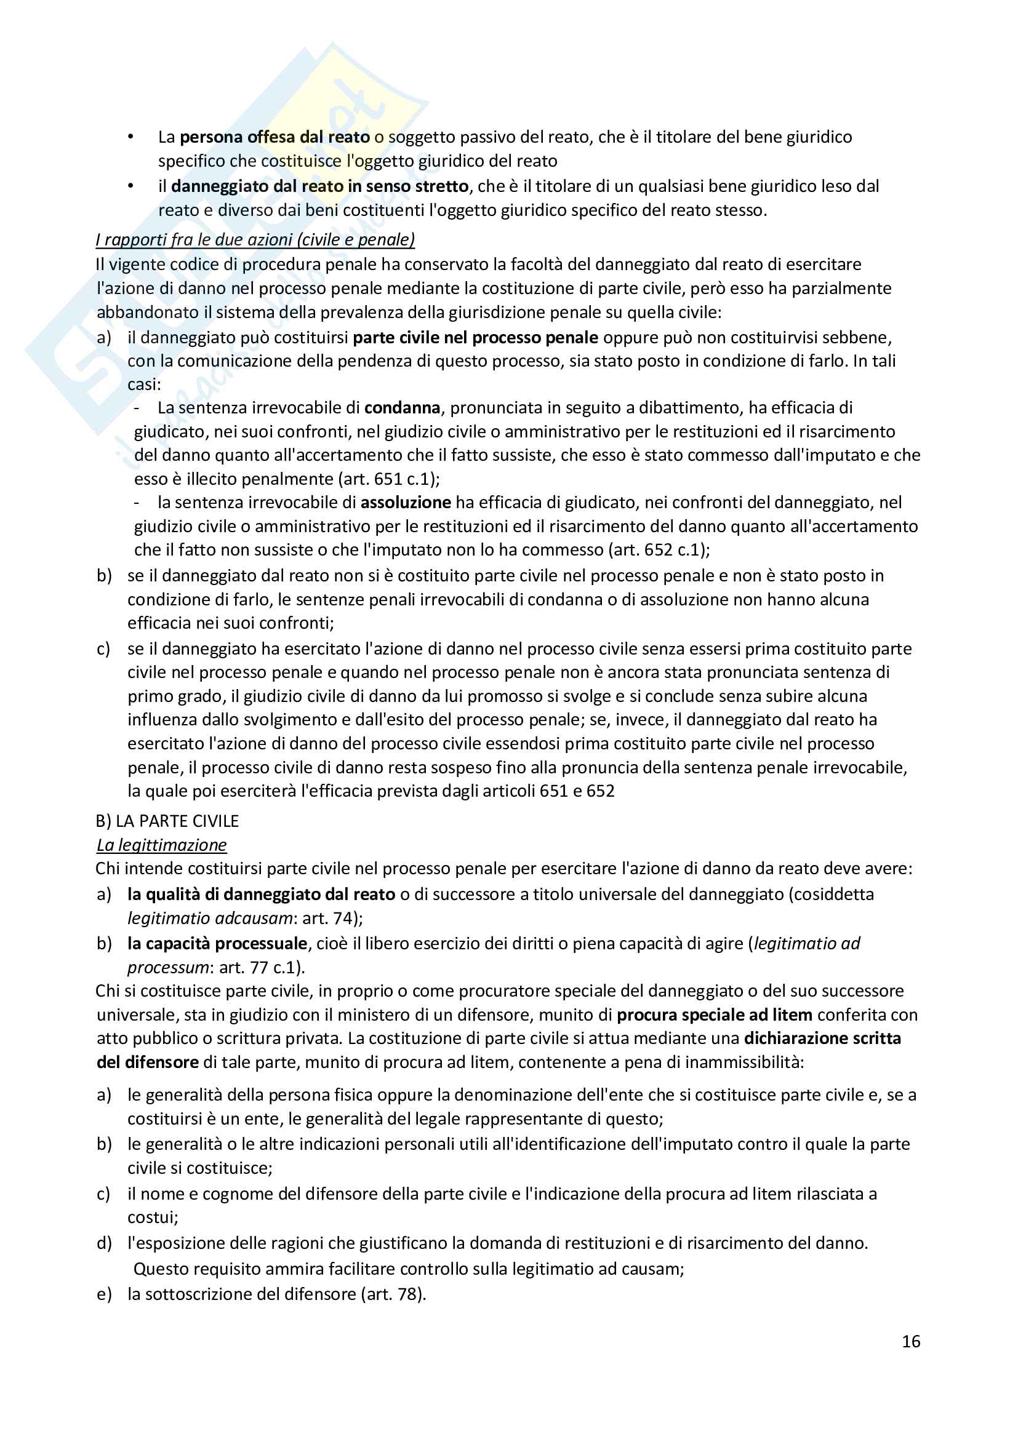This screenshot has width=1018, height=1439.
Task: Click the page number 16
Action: coord(910,1341)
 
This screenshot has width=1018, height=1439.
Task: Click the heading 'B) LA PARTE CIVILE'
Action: coord(167,821)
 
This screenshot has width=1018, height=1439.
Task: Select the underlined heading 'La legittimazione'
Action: coord(162,845)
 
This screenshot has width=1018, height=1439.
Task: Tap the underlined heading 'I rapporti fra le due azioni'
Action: coord(255,239)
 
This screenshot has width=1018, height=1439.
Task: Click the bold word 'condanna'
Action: coord(403,407)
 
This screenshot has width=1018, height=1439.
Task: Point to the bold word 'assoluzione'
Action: coord(406,502)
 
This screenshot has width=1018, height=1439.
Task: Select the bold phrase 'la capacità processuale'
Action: coord(217,943)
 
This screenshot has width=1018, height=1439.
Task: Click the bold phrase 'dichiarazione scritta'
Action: coord(822,1038)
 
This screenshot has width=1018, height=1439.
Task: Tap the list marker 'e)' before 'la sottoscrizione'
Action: coord(104,1294)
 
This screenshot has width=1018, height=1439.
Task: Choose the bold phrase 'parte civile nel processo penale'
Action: coord(475,337)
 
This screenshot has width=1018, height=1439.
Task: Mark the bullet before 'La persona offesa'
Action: coord(130,137)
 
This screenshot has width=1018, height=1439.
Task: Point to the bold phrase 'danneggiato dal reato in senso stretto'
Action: coord(319,186)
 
